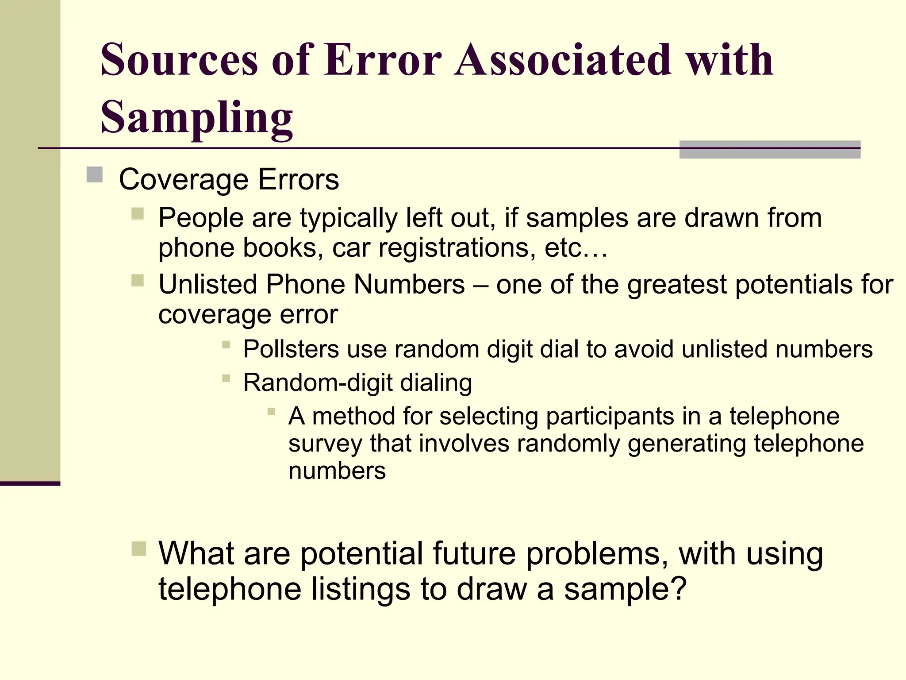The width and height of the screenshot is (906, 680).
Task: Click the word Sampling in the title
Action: point(196,117)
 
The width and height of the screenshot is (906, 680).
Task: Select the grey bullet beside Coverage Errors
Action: point(94,174)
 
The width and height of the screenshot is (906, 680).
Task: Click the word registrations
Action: point(453,247)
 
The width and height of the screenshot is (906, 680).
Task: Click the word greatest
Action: point(676,285)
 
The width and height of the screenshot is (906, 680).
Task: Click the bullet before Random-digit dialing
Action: point(226,378)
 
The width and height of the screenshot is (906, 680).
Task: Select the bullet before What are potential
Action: point(138,549)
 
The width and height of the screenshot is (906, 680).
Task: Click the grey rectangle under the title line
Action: point(769,150)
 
